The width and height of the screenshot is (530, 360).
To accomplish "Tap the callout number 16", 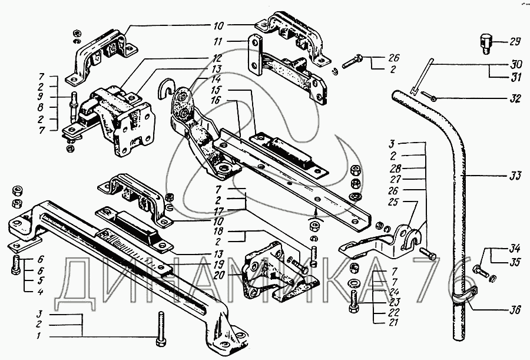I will [217, 100].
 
